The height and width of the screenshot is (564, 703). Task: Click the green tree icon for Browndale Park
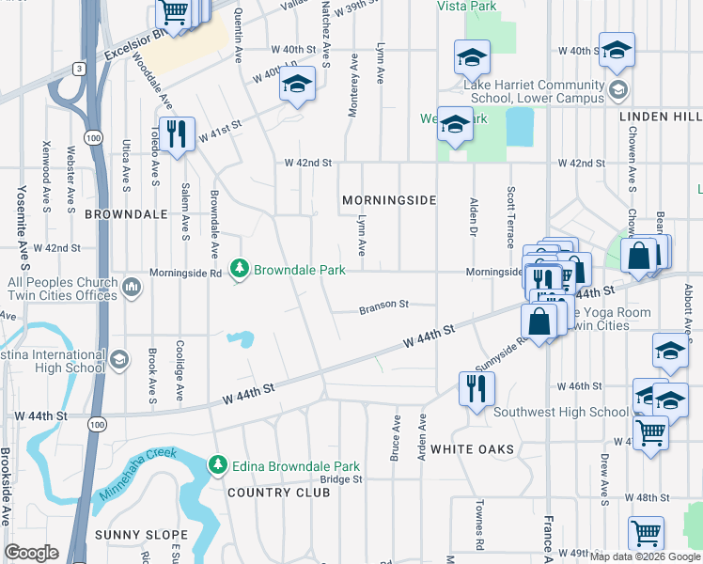pyautogui.click(x=240, y=270)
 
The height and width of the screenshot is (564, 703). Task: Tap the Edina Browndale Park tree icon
pyautogui.click(x=218, y=465)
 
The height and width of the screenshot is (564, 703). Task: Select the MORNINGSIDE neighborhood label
pyautogui.click(x=389, y=201)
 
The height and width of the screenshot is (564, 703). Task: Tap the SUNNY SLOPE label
pyautogui.click(x=141, y=535)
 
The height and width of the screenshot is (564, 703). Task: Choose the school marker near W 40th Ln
pyautogui.click(x=297, y=86)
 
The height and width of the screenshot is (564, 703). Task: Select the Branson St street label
pyautogui.click(x=383, y=305)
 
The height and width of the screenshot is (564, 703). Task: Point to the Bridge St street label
pyautogui.click(x=340, y=478)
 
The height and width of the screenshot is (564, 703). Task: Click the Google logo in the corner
pyautogui.click(x=30, y=553)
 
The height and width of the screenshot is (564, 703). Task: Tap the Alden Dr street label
pyautogui.click(x=475, y=217)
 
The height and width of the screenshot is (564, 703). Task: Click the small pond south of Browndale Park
pyautogui.click(x=242, y=338)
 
